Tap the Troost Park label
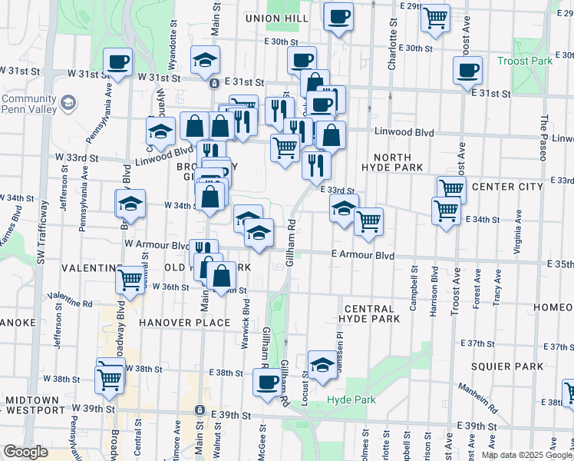pos(524,60)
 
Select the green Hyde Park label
pos(351,400)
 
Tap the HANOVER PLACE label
pos(185,323)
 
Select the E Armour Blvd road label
pos(363,254)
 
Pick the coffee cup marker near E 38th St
pos(268,382)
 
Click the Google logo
pos(25,452)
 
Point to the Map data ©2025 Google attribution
pos(526,455)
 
